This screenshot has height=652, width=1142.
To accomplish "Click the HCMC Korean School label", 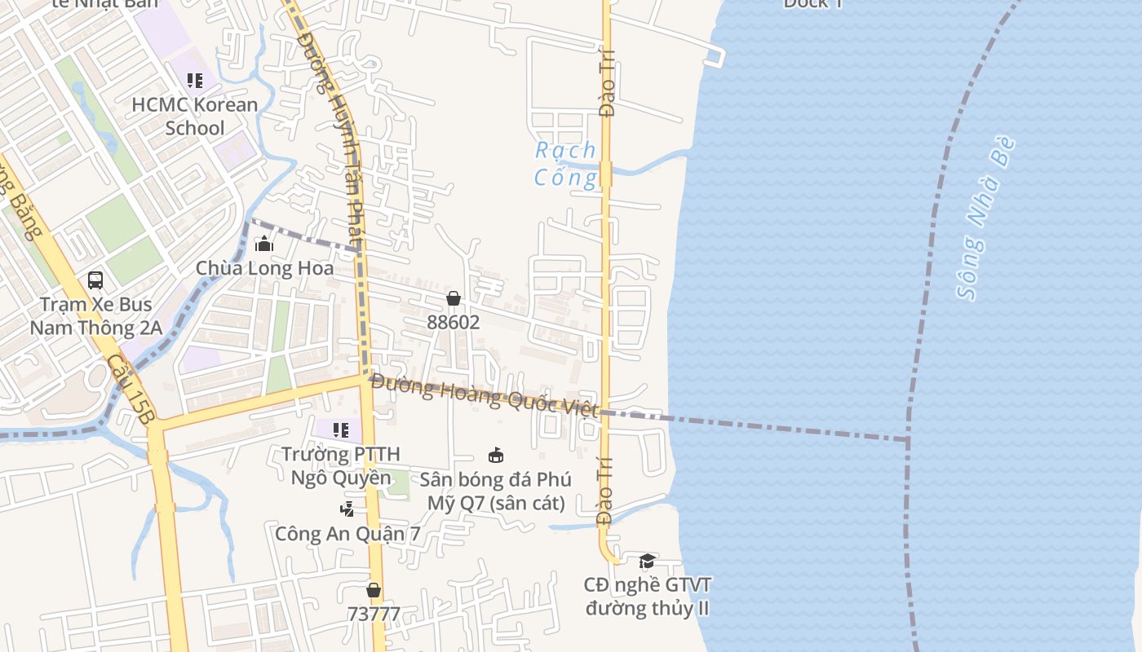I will click(195, 117).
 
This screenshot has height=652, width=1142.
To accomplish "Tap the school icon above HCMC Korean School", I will click(194, 81).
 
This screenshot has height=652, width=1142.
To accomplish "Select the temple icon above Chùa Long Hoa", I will click(264, 244).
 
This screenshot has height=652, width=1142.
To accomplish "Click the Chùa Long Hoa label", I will click(264, 268).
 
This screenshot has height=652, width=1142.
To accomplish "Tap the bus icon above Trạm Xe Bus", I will click(95, 280).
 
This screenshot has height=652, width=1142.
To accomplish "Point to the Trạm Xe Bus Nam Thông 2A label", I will click(96, 316).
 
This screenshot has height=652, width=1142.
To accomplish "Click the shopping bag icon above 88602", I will click(454, 298).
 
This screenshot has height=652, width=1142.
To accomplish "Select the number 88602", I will click(454, 322).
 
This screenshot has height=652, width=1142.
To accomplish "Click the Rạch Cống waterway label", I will click(566, 164).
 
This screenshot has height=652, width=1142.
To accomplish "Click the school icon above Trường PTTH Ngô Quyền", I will click(341, 430).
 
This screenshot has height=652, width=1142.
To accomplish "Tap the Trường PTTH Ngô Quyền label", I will click(341, 465).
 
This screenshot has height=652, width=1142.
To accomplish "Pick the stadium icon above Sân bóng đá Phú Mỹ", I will click(495, 455).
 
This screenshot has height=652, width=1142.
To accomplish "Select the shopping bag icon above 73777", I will click(374, 590).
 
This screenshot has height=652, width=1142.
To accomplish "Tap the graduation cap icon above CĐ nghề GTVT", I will click(647, 561).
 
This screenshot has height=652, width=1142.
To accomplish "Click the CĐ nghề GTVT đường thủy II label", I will click(648, 597).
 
